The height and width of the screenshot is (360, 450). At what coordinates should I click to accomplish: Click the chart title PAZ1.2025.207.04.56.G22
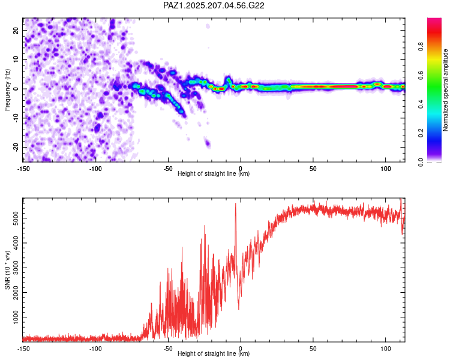click(214, 5)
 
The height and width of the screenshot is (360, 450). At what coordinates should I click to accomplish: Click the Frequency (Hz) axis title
click(7, 90)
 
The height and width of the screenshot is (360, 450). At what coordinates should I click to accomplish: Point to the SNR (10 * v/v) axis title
click(7, 270)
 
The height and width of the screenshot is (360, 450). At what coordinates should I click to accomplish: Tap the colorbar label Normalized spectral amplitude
click(445, 90)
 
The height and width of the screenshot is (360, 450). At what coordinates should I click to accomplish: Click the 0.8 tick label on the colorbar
click(421, 47)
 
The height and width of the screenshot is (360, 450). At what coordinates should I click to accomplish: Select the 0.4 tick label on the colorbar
click(421, 104)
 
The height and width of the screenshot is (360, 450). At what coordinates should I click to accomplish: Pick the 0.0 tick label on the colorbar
click(421, 162)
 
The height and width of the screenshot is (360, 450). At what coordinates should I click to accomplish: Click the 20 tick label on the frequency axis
click(16, 31)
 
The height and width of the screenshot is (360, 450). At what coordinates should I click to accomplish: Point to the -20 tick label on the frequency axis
click(16, 147)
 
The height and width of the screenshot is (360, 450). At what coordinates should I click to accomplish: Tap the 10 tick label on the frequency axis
click(16, 59)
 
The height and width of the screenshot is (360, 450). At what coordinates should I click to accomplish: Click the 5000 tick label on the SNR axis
click(16, 218)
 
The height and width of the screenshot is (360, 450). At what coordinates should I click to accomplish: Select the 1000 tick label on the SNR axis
click(16, 317)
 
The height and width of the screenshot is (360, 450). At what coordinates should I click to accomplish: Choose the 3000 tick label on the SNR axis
click(16, 268)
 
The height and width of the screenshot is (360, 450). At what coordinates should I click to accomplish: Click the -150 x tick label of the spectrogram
click(23, 169)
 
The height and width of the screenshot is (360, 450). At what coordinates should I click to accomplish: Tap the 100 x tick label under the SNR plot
click(385, 349)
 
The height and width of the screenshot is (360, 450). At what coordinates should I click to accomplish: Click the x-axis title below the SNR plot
click(214, 353)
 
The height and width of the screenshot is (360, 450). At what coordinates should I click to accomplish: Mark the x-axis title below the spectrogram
click(214, 173)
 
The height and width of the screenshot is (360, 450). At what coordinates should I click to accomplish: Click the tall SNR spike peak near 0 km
click(236, 203)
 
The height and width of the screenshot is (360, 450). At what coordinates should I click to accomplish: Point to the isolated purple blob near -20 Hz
click(207, 143)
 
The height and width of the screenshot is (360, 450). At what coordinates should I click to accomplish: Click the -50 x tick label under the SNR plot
click(168, 349)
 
